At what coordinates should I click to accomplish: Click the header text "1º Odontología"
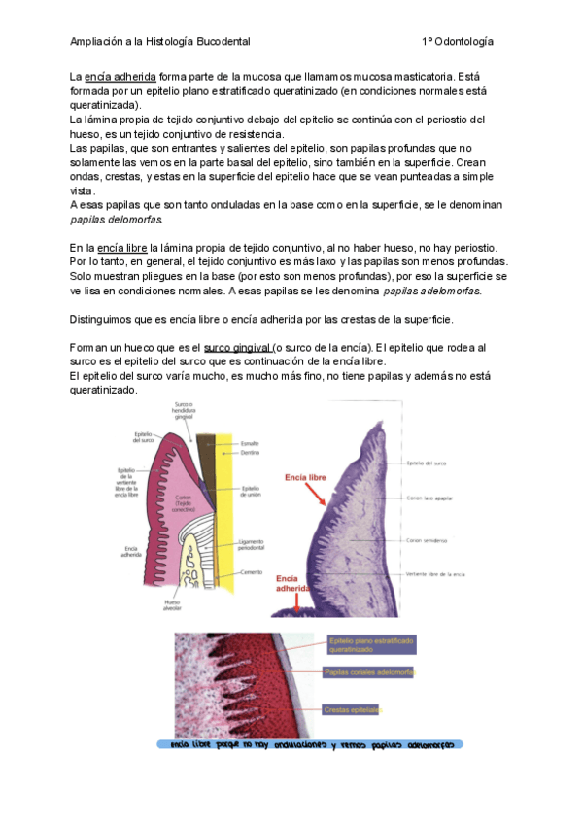pos(458,42)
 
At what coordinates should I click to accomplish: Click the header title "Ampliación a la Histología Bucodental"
pos(160,42)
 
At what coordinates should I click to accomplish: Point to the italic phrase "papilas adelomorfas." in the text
pos(432,291)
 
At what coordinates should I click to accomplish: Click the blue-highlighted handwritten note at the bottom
pos(311,745)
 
